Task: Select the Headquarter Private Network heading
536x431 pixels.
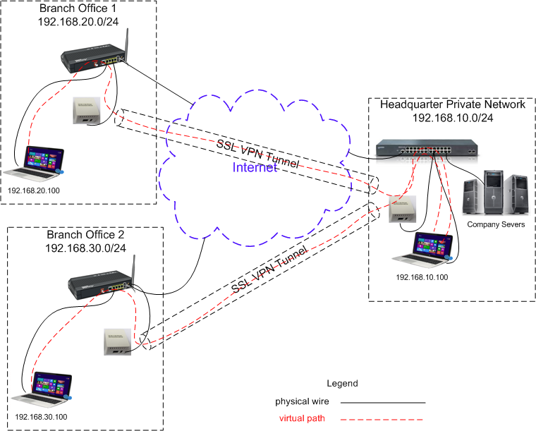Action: tap(453, 104)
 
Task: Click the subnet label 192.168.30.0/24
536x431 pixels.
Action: tap(85, 248)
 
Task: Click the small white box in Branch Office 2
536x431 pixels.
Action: tap(115, 341)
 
